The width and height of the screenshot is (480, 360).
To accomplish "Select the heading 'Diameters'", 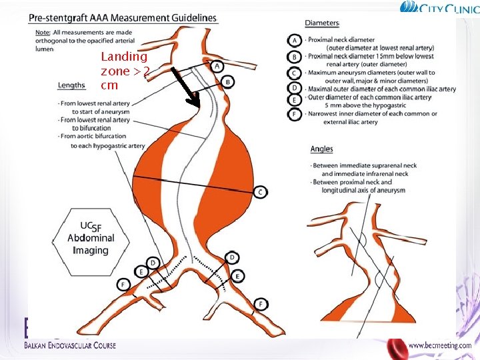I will coord(322,23).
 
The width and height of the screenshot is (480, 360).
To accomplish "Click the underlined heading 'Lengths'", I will coord(71,85).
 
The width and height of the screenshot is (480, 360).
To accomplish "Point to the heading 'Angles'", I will coord(321,149).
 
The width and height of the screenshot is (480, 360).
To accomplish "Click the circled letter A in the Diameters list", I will coord(294,39).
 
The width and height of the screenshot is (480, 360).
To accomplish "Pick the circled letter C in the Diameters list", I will coord(294,73).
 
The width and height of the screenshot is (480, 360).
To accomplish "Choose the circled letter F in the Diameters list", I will coord(294,114).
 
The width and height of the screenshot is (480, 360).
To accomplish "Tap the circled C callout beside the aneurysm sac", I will coord(260,192).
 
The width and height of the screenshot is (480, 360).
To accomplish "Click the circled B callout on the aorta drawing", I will coord(228,82).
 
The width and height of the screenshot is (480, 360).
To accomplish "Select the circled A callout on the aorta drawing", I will coord(217,66).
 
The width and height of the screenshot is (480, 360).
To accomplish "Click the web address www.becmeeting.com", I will coord(439,345).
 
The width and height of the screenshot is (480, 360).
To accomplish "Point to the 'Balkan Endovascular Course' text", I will coord(70,345).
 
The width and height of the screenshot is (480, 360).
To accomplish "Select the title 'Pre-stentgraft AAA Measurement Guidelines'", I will coord(123,18).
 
